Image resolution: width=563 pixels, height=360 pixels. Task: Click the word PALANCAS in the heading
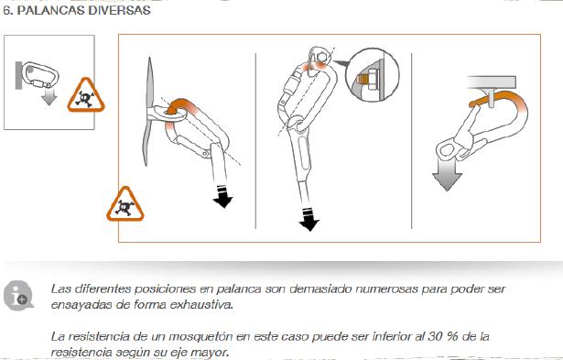[51, 10]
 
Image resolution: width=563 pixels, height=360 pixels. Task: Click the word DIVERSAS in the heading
[119, 10]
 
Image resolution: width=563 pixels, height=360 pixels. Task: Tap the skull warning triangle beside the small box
[86, 95]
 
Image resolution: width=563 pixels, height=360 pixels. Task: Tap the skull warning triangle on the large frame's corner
[125, 204]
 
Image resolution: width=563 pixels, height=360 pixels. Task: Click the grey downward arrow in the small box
[49, 97]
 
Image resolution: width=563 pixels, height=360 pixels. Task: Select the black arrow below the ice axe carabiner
[222, 197]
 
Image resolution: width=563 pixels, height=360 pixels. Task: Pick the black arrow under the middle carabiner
[309, 220]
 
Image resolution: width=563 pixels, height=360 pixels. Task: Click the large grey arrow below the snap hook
[447, 175]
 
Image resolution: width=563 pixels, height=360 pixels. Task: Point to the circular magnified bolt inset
[372, 75]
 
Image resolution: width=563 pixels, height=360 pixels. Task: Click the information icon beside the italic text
[18, 296]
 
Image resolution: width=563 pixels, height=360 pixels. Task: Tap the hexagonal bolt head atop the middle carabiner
[321, 57]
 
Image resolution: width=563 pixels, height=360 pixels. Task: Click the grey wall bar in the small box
[18, 75]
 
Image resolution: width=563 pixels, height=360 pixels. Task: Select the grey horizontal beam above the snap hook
[492, 82]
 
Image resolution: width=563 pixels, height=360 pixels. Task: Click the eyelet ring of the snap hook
[447, 149]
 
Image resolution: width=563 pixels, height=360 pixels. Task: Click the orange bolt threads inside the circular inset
[363, 78]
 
